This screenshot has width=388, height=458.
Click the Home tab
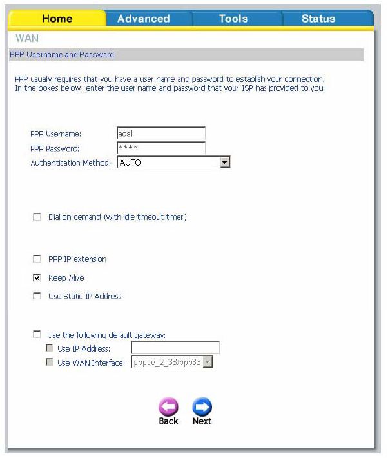click(x=57, y=19)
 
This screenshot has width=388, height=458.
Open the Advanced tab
click(x=143, y=19)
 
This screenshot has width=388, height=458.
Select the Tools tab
click(x=233, y=19)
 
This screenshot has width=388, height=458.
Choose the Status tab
click(x=318, y=19)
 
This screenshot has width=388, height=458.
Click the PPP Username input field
click(x=160, y=134)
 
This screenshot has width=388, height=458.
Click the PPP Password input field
click(x=160, y=148)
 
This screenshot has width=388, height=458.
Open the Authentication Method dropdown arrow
click(x=224, y=163)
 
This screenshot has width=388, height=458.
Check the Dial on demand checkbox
click(x=37, y=217)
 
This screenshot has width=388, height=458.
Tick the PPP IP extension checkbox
click(x=37, y=259)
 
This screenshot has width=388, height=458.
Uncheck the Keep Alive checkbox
click(x=37, y=278)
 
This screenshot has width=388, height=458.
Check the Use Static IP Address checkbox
click(x=37, y=297)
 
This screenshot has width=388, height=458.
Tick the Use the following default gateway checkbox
click(x=37, y=335)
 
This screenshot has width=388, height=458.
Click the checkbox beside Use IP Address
click(x=50, y=349)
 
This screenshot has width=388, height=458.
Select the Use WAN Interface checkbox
click(x=50, y=363)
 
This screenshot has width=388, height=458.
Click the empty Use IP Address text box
click(x=175, y=349)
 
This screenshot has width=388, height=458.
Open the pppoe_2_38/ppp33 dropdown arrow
click(x=208, y=363)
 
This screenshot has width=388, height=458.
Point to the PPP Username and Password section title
click(x=62, y=55)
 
